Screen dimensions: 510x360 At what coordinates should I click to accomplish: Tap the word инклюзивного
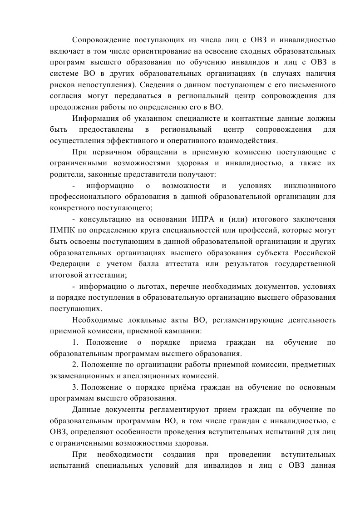pyautogui.click(x=309, y=186)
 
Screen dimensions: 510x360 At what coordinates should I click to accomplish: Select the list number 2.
pyautogui.click(x=74, y=365)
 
